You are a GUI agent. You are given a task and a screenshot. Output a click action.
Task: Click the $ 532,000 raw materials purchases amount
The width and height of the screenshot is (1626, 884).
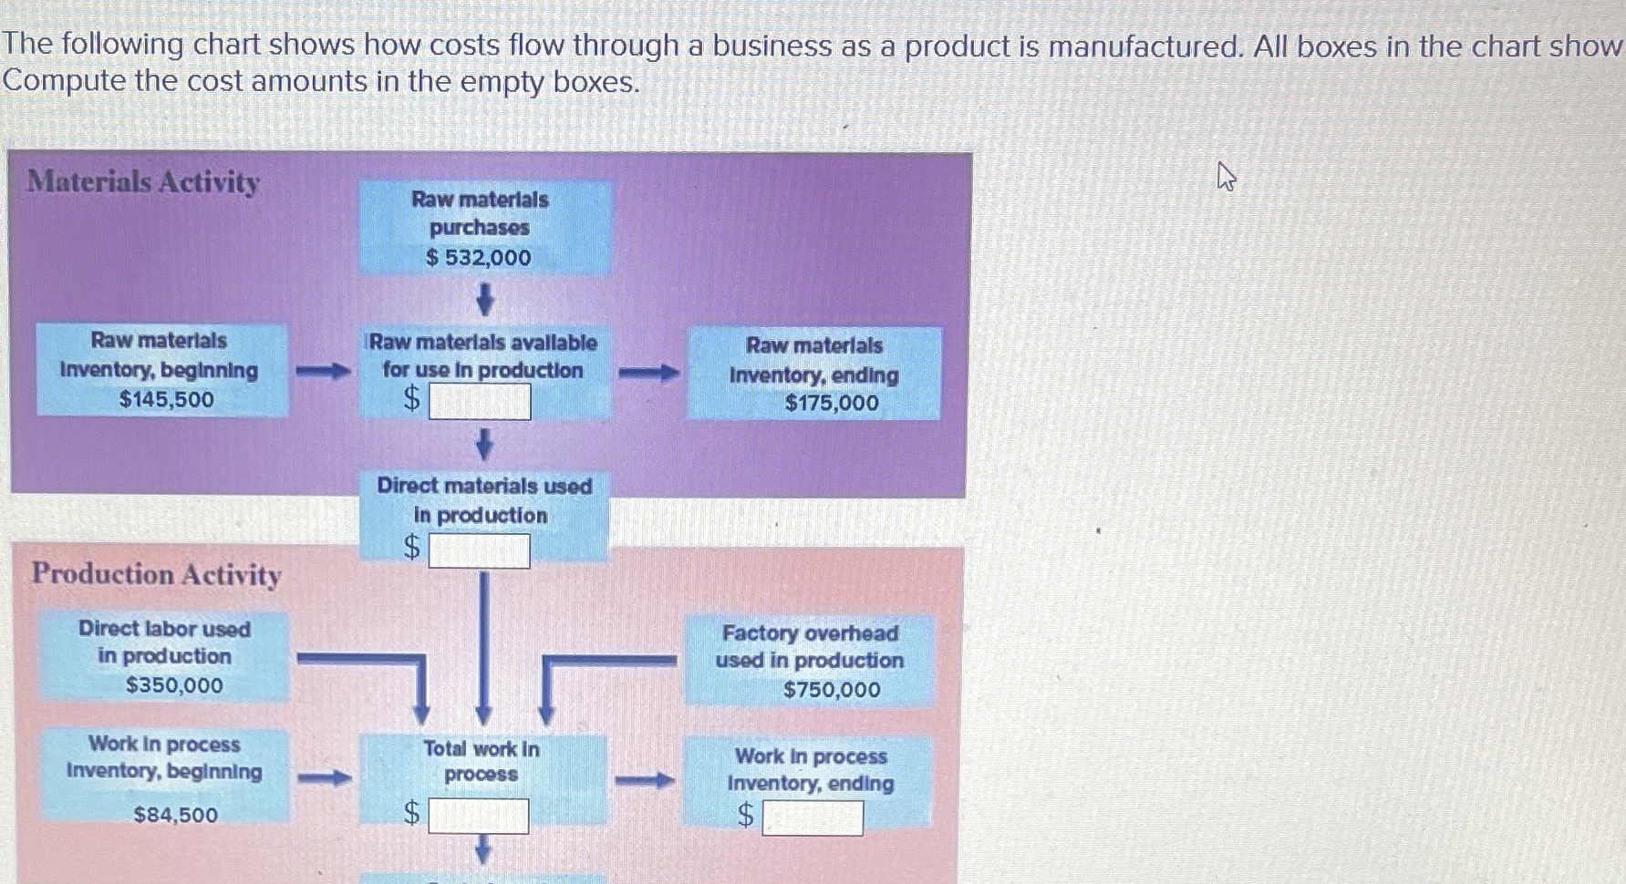(x=479, y=258)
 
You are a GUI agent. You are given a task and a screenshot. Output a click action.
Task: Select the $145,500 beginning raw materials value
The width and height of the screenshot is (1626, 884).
(x=166, y=399)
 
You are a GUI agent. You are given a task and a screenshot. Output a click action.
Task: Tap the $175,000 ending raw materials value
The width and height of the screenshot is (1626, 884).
(x=832, y=403)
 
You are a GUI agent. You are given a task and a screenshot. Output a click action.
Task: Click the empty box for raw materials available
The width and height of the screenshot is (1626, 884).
(x=480, y=401)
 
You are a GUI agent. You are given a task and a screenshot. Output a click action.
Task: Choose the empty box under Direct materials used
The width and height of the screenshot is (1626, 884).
(x=479, y=550)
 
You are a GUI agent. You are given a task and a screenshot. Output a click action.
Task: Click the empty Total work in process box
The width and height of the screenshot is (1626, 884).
(x=478, y=816)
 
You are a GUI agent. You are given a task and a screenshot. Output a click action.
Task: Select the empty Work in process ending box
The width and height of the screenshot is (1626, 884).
(x=813, y=817)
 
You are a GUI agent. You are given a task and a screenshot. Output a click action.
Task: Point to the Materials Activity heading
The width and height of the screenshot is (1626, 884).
(x=143, y=181)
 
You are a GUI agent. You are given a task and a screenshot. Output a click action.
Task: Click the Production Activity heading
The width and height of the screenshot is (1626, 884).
(x=156, y=574)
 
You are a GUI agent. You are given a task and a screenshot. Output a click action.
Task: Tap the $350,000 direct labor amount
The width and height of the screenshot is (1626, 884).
(x=174, y=685)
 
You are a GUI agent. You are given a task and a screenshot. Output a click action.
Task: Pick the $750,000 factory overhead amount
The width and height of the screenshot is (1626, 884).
(x=832, y=690)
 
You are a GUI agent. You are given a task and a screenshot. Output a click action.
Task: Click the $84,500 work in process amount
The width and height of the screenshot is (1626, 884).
(x=176, y=815)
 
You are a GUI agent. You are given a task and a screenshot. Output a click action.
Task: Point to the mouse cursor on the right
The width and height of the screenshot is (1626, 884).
(x=1226, y=176)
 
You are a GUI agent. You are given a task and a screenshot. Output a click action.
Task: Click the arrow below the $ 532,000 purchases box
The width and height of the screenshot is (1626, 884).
(x=485, y=299)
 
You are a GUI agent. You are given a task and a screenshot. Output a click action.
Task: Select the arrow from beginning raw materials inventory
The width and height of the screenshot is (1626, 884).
(x=323, y=371)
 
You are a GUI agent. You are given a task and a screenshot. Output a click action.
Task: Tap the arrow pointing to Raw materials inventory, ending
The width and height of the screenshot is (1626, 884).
(x=648, y=373)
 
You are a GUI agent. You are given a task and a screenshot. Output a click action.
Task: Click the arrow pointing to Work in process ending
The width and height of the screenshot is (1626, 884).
(x=644, y=780)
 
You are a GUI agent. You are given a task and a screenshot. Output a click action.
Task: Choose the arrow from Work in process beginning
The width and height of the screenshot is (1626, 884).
(x=325, y=777)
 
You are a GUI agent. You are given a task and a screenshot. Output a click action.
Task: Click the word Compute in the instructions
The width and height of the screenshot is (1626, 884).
(x=64, y=82)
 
